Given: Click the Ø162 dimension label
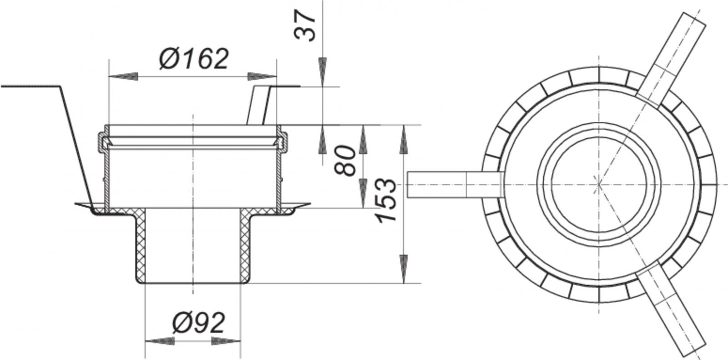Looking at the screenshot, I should pos(194,60).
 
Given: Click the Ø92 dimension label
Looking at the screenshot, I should pos(199,323).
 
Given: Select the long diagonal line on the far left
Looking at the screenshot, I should pos(75,146).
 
